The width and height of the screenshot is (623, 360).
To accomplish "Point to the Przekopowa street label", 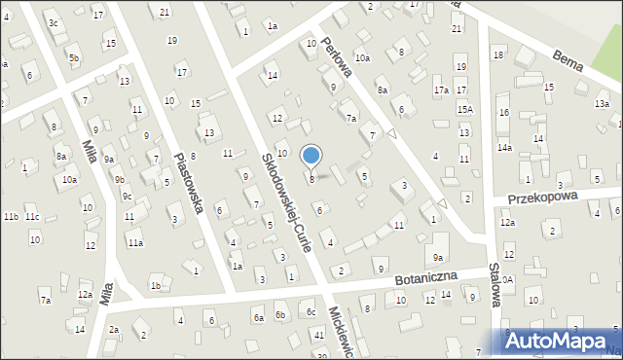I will [x=543, y=196].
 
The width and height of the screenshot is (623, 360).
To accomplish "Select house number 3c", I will [x=54, y=22].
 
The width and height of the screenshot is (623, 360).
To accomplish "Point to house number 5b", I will [x=74, y=58].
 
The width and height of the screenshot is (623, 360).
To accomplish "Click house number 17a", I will [x=441, y=90].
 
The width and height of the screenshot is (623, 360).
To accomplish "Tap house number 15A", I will [x=465, y=110].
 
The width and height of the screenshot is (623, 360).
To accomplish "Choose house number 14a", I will [x=504, y=147].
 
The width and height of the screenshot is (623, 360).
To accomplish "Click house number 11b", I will [x=11, y=216].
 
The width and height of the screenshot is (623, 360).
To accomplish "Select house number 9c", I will [x=127, y=196].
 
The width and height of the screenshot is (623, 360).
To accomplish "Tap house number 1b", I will [x=155, y=285].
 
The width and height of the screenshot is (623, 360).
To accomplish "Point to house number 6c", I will [x=311, y=311].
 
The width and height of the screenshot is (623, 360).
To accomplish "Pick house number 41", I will [x=319, y=334].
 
